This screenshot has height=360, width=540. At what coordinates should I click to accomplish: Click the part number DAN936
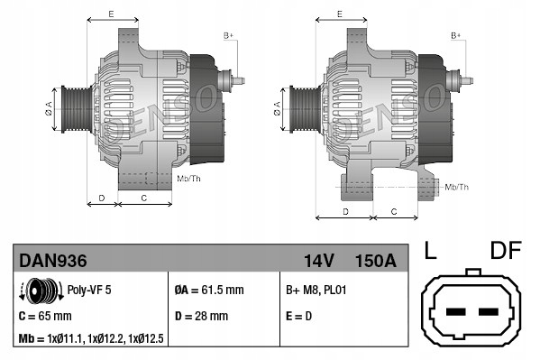(53, 261)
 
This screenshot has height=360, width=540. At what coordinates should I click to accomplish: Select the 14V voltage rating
(319, 261)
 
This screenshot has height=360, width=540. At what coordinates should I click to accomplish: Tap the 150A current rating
(376, 261)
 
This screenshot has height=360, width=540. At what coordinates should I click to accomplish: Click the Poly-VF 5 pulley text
(90, 290)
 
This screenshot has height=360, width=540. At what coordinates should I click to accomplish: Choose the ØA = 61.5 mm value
(208, 291)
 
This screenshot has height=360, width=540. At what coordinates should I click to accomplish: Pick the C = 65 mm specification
(45, 316)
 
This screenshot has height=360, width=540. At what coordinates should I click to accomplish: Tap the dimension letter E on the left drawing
(110, 14)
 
